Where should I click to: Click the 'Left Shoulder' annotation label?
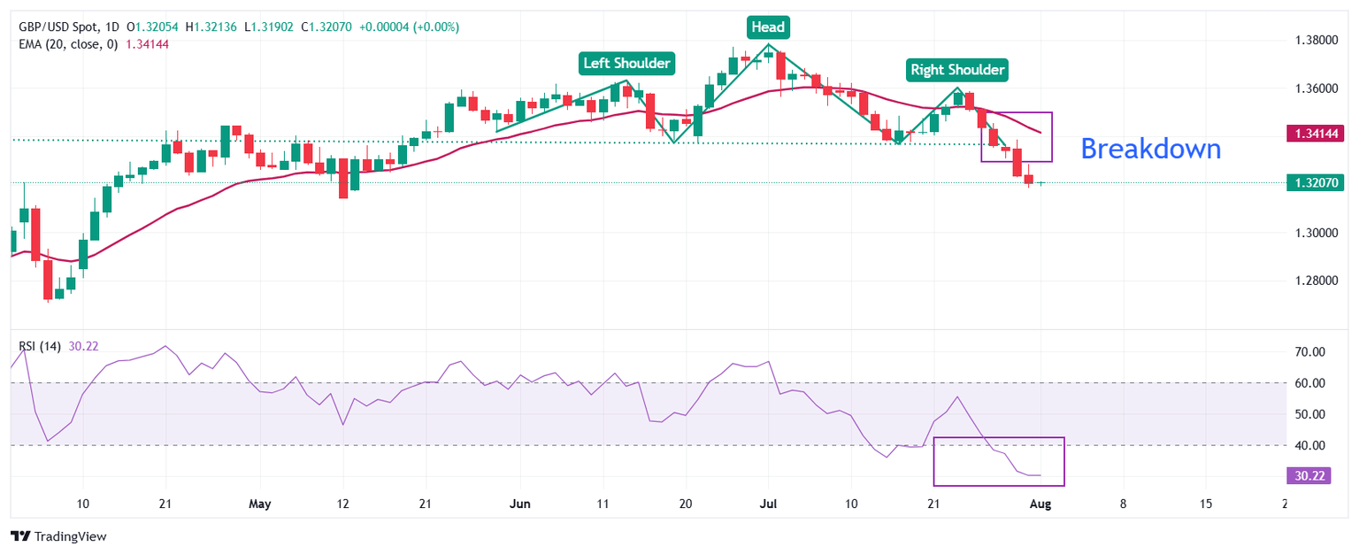(x=627, y=63)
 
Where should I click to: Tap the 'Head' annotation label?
(x=767, y=27)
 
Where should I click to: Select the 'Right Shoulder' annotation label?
(x=957, y=69)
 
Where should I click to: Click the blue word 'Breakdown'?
(x=1150, y=149)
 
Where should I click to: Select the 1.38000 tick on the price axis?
(x=1315, y=40)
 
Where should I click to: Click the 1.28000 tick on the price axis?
(x=1315, y=281)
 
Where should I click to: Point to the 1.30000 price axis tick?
(x=1315, y=233)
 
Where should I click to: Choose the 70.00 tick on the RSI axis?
(x=1309, y=352)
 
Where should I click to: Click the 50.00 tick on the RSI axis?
(x=1309, y=414)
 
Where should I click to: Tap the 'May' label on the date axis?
(x=259, y=504)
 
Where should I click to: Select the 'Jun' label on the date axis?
(x=520, y=504)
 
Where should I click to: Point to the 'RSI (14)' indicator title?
(x=40, y=346)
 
